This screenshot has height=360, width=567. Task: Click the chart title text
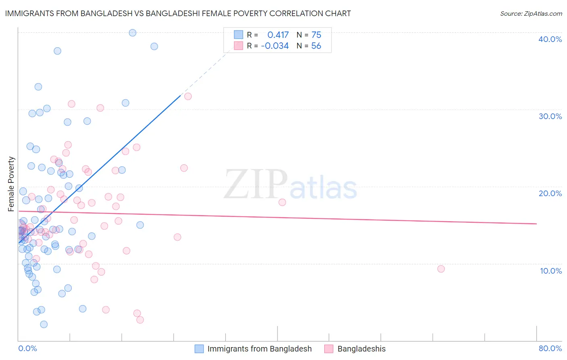point(178,13)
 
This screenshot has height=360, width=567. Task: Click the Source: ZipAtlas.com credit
point(531,14)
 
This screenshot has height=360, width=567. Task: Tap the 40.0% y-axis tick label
point(550,39)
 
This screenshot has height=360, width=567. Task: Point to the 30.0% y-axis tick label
point(550,116)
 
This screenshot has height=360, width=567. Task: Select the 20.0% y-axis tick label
point(550,193)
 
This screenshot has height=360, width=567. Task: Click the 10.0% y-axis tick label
point(550,271)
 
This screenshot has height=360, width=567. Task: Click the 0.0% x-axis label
point(27,348)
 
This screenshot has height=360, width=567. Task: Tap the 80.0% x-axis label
point(550,348)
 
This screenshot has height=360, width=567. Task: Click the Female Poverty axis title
point(11,184)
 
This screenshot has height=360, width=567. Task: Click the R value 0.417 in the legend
point(278,35)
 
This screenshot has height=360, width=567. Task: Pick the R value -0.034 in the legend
point(275,46)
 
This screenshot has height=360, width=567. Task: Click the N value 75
point(316,35)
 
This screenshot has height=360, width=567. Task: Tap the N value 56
point(316,46)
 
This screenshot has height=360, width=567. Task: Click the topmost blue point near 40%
point(132,33)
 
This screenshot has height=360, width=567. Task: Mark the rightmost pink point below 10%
point(441,269)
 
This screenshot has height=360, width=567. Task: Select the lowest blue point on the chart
point(44,324)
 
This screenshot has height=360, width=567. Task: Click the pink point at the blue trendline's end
point(188,96)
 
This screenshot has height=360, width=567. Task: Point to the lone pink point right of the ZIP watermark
point(282,202)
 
